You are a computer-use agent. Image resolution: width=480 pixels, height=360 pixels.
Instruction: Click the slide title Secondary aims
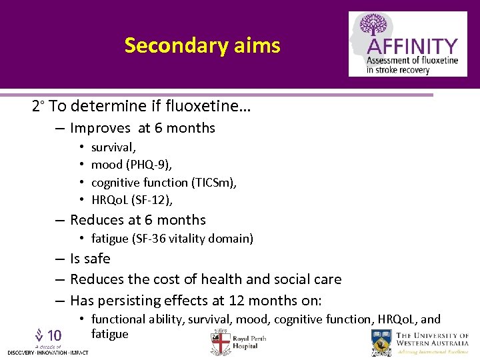pyautogui.click(x=202, y=45)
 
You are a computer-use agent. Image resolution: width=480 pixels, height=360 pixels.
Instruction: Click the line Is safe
pyautogui.click(x=90, y=259)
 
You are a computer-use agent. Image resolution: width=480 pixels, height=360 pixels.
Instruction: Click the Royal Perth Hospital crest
pyautogui.click(x=220, y=341)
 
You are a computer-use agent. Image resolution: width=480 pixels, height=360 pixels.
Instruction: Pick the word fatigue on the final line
pyautogui.click(x=109, y=333)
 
